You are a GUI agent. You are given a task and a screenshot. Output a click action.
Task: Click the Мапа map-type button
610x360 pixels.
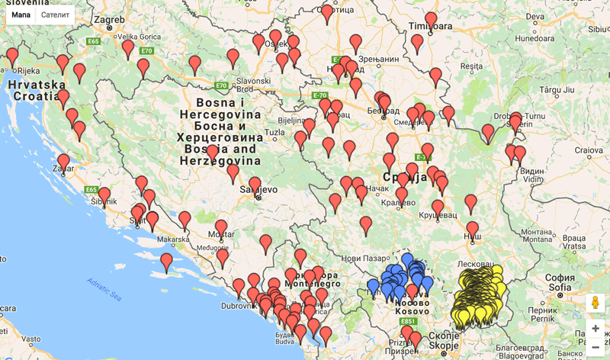[21, 14]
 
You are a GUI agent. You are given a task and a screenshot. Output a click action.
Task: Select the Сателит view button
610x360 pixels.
[55, 14]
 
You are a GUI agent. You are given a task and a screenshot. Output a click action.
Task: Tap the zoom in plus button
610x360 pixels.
[596, 329]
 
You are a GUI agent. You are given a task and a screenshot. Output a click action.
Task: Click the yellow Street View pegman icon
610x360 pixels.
[596, 303]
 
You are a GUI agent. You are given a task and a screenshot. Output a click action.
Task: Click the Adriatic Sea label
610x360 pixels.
[104, 290]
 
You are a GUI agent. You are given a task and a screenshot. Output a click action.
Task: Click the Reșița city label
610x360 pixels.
[471, 66]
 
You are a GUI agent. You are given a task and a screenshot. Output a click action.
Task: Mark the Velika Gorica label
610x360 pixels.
[138, 37]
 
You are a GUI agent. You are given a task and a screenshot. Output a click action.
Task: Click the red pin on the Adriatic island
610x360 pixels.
[166, 262]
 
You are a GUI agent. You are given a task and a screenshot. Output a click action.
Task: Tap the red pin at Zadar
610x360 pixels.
[63, 161]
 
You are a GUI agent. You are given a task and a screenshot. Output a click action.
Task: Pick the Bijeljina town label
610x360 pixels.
[291, 120]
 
